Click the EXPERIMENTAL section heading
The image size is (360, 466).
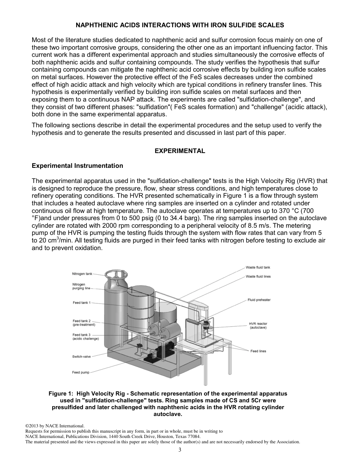click(x=180, y=151)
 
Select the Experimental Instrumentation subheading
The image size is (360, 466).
click(x=77, y=166)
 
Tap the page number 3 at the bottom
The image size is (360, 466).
click(x=180, y=450)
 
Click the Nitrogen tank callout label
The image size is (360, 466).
click(x=82, y=274)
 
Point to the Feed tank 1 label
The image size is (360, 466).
click(x=81, y=303)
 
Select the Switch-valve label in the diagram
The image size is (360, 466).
click(x=81, y=356)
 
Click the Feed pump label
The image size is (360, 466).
click(x=81, y=372)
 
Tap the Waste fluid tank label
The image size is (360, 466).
click(x=258, y=267)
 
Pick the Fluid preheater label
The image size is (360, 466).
click(x=259, y=300)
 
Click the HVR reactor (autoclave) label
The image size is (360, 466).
click(x=258, y=326)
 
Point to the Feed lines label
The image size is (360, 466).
click(x=258, y=351)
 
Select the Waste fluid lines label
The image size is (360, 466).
click(x=258, y=277)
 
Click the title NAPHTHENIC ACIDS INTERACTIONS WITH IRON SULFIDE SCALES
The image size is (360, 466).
click(x=180, y=25)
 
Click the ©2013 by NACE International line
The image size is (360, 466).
click(x=55, y=426)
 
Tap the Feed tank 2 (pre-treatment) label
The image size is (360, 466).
click(x=83, y=323)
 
